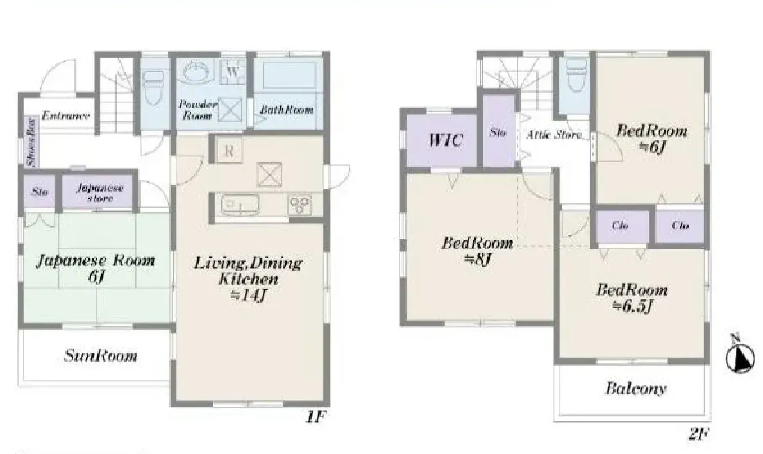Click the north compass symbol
click(740, 357)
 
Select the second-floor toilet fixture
click(576, 76)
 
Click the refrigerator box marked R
click(228, 151)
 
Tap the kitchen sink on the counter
click(238, 206)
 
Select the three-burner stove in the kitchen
click(299, 205)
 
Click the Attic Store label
click(554, 135)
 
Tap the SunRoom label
click(101, 356)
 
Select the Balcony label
click(635, 389)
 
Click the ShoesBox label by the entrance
click(29, 143)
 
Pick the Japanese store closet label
click(99, 193)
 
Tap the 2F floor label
click(699, 433)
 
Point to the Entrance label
click(65, 116)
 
